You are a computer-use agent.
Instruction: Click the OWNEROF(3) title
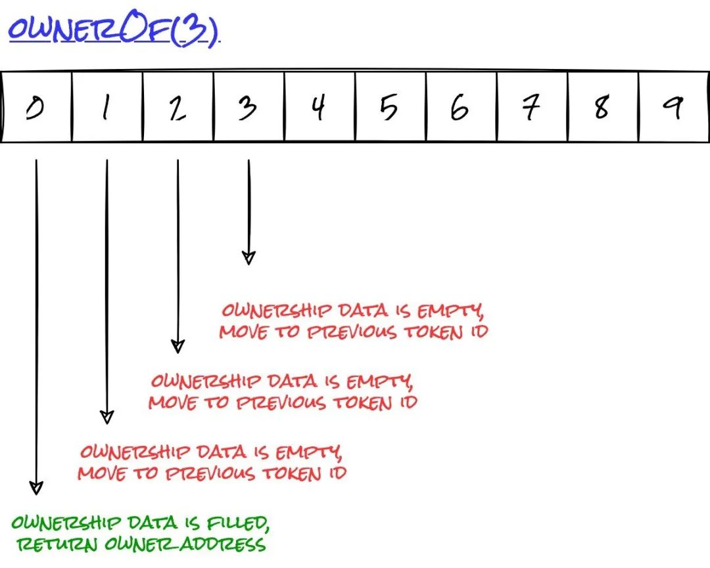coord(114,30)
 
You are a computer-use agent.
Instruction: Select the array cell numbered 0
coord(36,107)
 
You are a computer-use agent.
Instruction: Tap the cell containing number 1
coord(107,107)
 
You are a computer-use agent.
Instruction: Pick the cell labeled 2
coord(178,107)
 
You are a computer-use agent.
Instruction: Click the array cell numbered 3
coord(249,107)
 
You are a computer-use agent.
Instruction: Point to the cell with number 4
coord(319,107)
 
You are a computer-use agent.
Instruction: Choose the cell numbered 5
coord(390,107)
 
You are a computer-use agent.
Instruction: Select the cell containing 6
coord(461,107)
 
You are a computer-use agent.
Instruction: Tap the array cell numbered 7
coord(532,107)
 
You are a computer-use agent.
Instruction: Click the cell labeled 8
coord(603,107)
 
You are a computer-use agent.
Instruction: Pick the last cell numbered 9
coord(674,107)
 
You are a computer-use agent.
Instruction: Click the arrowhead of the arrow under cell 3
coord(248,258)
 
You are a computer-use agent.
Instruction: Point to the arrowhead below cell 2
coord(177,347)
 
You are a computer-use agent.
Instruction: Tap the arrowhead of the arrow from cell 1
coord(107,417)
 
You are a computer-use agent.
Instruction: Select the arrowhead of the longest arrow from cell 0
coord(36,488)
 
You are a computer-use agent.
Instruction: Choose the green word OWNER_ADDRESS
coord(185,544)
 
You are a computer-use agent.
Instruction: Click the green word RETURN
coord(57,544)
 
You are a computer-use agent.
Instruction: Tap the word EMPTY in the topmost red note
coord(450,311)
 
